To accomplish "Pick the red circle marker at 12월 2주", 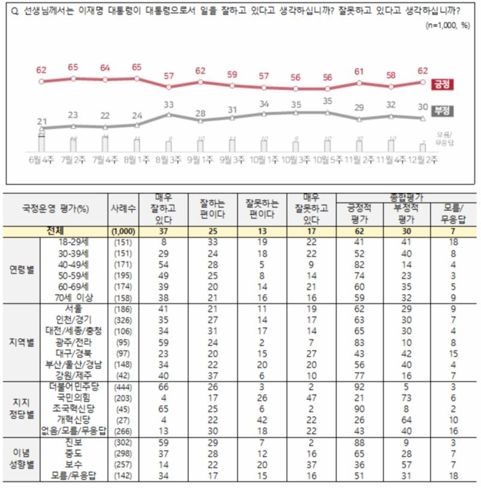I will point(423,82).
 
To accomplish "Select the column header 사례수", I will point(123,209).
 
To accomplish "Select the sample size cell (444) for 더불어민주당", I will point(123,388).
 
